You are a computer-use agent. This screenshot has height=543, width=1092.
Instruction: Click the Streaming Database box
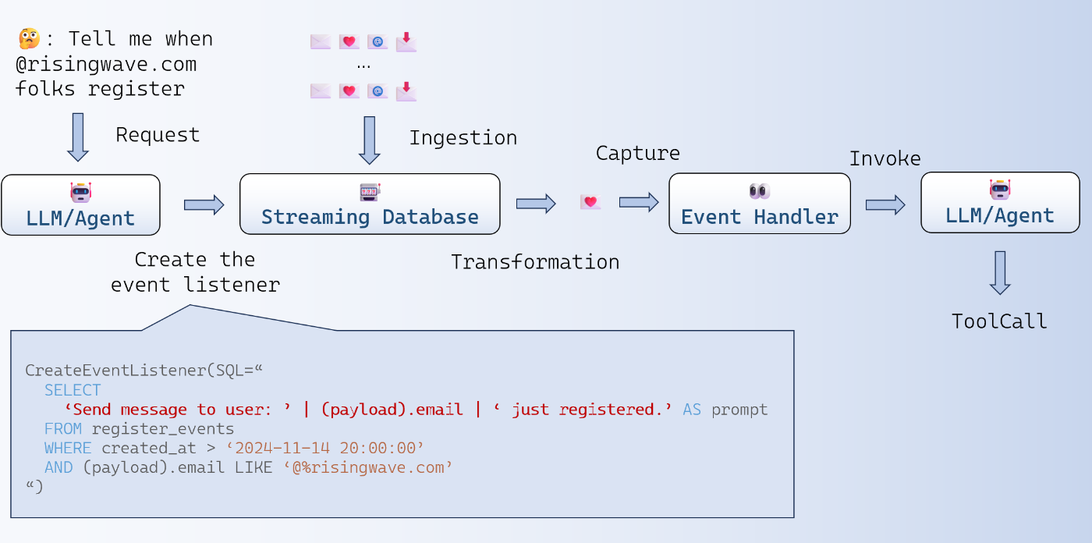click(370, 204)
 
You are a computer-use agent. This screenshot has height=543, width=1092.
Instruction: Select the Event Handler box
click(760, 204)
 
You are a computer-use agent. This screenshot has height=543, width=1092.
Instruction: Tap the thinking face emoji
click(30, 38)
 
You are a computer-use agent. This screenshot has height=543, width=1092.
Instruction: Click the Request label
click(158, 134)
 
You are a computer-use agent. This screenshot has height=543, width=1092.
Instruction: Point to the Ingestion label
click(463, 138)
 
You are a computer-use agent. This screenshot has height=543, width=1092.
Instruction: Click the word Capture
click(638, 154)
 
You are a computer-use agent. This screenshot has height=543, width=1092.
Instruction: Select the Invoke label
click(885, 159)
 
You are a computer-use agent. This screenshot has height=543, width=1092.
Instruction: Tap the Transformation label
click(535, 262)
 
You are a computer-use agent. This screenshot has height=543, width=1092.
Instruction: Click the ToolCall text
click(999, 321)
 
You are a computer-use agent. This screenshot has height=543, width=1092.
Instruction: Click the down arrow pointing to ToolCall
click(1000, 273)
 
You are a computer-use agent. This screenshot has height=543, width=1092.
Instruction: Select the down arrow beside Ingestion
click(370, 140)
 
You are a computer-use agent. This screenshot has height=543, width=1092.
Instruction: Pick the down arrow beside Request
click(78, 137)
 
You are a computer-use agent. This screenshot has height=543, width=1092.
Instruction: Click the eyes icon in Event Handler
click(760, 191)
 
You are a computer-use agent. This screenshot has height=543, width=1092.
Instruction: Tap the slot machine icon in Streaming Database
click(370, 192)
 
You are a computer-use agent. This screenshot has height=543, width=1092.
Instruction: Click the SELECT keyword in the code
click(73, 390)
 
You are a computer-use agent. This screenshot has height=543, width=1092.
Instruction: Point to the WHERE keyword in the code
click(68, 448)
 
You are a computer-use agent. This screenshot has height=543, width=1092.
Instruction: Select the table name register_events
click(163, 429)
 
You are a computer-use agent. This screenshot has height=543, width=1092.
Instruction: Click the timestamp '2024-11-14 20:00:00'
click(325, 448)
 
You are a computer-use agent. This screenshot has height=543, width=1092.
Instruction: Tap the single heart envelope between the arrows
click(590, 202)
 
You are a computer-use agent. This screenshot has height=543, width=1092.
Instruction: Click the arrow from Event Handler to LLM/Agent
click(885, 204)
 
